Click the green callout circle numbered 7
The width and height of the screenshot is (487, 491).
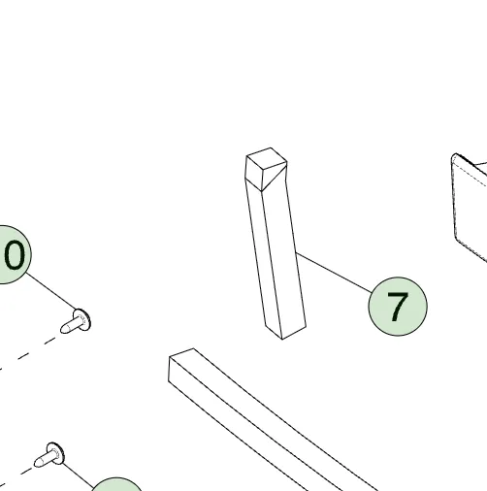(398, 307)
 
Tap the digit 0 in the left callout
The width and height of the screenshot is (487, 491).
(15, 256)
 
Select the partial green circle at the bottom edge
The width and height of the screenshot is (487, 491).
(117, 484)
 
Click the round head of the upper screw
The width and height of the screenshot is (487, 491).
(82, 320)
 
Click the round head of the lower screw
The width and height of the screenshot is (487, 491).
(55, 453)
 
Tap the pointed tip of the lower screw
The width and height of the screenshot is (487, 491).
(35, 464)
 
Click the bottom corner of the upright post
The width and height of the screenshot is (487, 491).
(282, 340)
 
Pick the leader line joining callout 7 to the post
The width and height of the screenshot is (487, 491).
(334, 273)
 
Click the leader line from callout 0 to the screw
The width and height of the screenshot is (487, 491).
(51, 291)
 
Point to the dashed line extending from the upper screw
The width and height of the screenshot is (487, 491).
(31, 352)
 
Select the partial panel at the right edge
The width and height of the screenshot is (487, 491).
(470, 207)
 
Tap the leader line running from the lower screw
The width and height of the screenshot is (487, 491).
(78, 475)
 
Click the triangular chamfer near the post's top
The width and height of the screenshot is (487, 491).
(275, 178)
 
